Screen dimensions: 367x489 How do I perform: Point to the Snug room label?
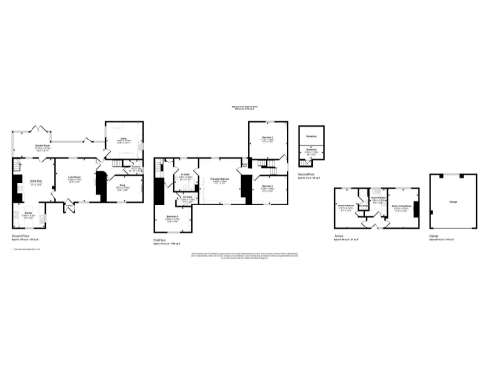coord(122,188)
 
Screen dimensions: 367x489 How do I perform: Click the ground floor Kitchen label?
coord(30,213)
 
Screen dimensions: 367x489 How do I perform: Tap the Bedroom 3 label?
coord(267,187)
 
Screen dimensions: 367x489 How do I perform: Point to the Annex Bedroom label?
coord(346,206)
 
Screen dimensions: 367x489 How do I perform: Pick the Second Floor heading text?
coord(308,176)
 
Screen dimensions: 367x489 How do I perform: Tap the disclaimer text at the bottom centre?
coord(244,257)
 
